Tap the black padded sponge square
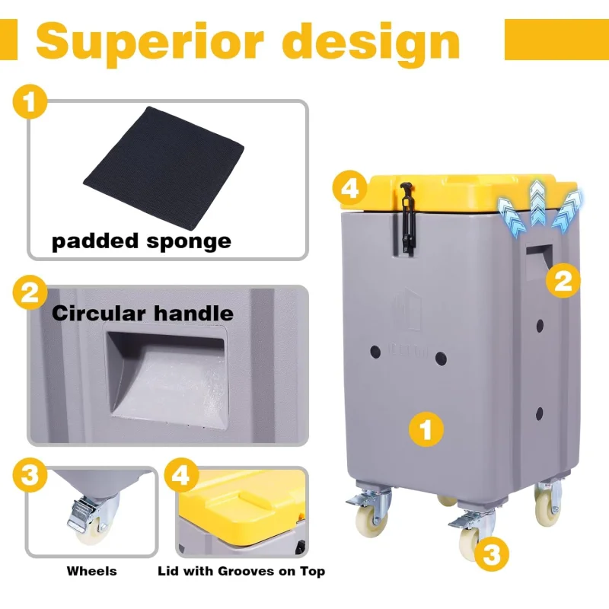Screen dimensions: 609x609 164,164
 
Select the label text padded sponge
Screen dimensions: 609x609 141,242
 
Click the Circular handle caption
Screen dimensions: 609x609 142,313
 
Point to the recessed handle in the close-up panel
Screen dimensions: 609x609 167,373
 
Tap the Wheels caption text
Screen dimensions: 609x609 91,571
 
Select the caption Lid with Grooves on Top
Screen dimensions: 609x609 241,571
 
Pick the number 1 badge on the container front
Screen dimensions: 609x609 426,430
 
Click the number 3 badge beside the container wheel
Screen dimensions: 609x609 493,554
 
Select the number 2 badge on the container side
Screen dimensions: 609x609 563,282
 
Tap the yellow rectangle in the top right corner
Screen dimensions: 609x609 556,40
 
